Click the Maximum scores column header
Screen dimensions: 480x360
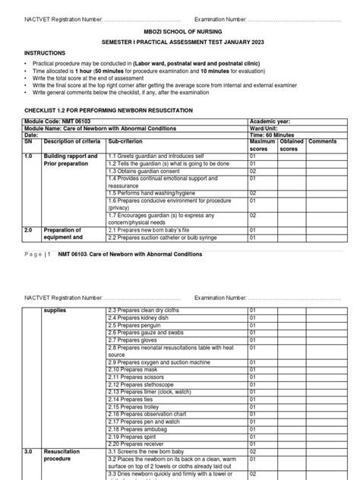[262, 145]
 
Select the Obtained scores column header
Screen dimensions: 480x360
[292, 145]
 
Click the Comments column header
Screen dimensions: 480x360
[322, 141]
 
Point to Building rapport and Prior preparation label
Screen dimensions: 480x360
[71, 159]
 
